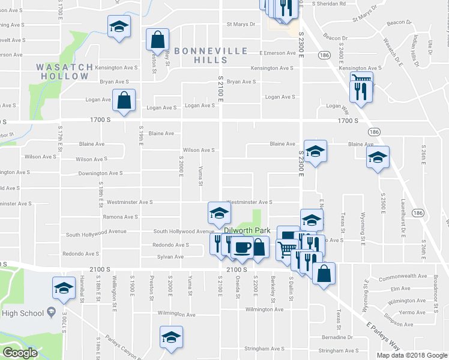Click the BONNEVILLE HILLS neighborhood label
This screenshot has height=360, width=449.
[x=211, y=55]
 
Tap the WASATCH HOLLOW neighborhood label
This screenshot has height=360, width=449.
[x=65, y=71]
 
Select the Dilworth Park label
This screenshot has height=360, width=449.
[x=247, y=230]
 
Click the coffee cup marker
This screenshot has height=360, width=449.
[x=242, y=247]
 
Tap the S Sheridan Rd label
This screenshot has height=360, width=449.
[x=329, y=3]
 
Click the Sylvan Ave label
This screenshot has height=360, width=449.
[x=170, y=257]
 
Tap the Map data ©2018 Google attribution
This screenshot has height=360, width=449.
[x=412, y=355]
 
